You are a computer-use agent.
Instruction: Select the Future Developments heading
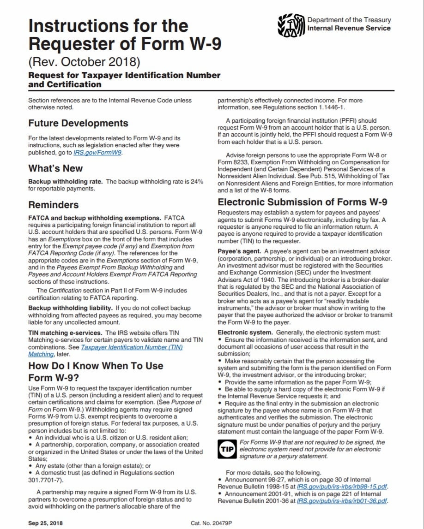click(x=78, y=123)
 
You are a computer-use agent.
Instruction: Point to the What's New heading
click(x=55, y=168)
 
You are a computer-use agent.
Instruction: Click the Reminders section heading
click(x=54, y=205)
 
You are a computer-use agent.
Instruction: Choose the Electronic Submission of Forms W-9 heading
click(x=302, y=202)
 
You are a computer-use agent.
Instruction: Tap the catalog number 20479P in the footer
click(x=211, y=523)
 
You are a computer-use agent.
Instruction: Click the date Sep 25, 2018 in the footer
click(x=45, y=523)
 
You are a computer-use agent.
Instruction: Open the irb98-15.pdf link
click(x=342, y=486)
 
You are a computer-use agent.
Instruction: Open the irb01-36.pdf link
click(x=342, y=500)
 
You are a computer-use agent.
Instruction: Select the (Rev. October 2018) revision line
click(x=84, y=60)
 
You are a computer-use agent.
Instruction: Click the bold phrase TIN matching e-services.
click(x=66, y=332)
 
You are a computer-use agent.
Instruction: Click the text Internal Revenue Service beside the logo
click(x=349, y=28)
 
